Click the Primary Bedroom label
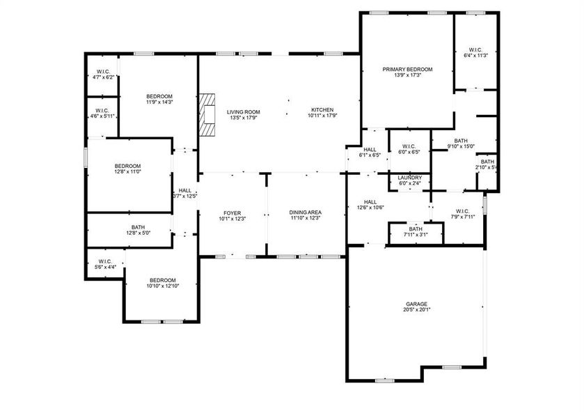407,70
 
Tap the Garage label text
417,304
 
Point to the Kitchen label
322,110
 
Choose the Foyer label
232,213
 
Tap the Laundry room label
409,178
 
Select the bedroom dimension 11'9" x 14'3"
159,102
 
